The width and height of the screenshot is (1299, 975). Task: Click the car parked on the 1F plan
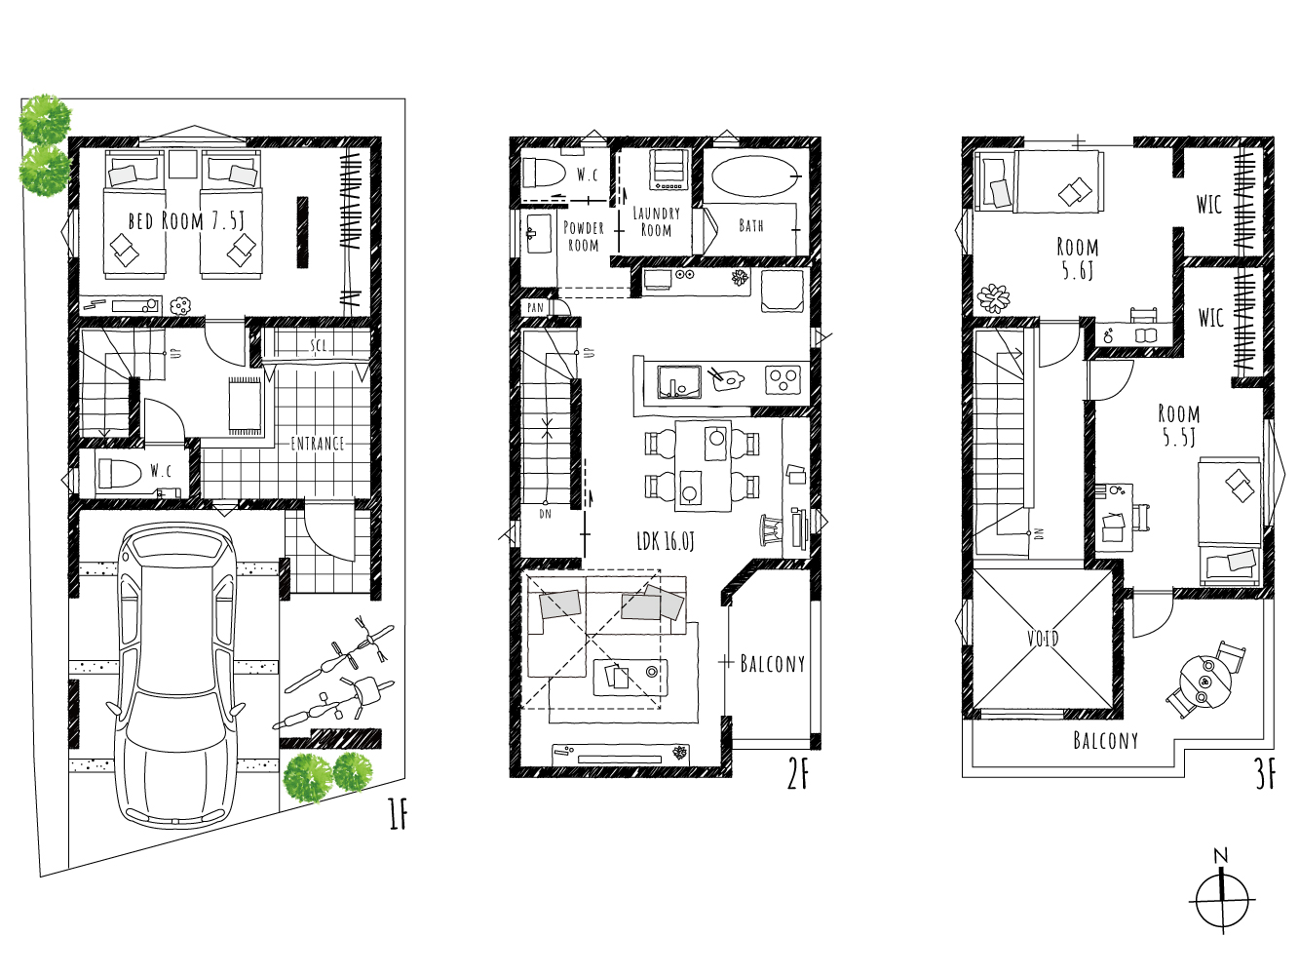176,675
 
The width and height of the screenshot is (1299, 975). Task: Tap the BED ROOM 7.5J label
186,220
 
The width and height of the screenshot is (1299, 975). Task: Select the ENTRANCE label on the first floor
318,444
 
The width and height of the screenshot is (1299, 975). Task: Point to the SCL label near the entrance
319,345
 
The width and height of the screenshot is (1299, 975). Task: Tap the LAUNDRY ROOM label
656,221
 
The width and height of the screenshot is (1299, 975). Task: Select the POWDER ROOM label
584,236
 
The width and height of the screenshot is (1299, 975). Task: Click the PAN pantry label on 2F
535,307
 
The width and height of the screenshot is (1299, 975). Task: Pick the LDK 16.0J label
666,541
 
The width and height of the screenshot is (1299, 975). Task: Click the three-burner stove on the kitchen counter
783,379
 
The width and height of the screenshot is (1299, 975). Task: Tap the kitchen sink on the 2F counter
679,382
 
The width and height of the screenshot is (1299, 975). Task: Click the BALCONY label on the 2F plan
773,664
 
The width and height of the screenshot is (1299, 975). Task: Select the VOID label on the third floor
1043,639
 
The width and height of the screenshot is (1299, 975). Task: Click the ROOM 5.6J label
1077,258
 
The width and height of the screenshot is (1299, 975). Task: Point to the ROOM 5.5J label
1179,425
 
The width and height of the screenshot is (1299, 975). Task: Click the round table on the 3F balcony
1204,681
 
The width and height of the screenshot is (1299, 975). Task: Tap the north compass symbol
1222,900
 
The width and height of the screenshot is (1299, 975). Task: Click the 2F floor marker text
797,775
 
